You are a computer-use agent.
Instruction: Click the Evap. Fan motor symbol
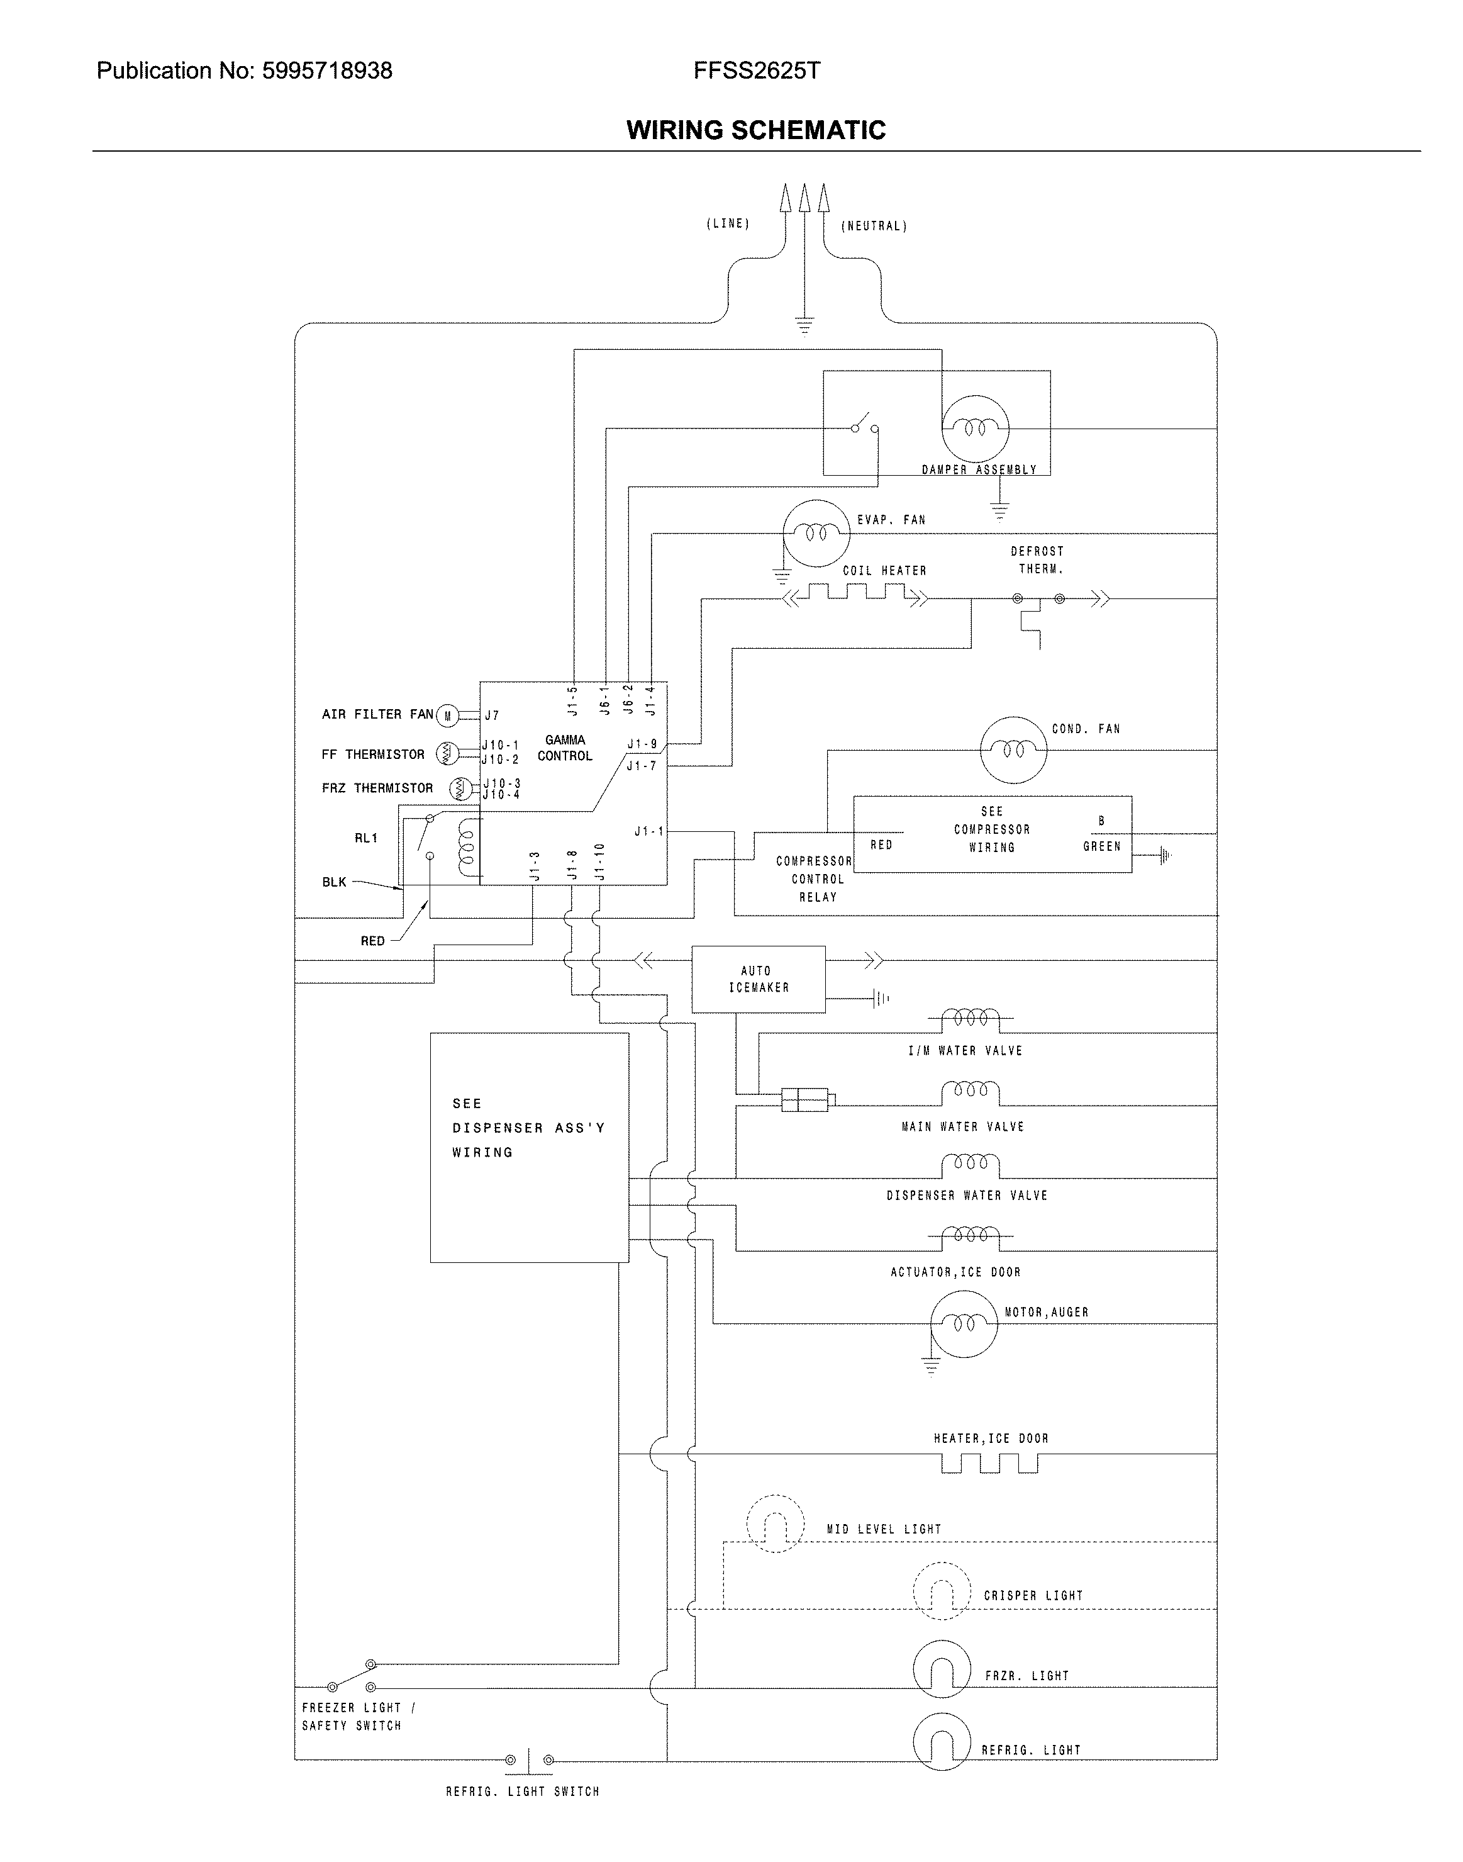tap(815, 533)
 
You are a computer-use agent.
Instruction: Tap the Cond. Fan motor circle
tap(1013, 749)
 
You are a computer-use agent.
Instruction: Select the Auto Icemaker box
tap(758, 979)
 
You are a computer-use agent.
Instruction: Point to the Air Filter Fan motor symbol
tap(447, 715)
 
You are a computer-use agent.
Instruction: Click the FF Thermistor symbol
tap(447, 753)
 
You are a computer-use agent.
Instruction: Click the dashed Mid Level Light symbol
tap(775, 1523)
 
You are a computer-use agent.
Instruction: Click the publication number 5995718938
tap(327, 70)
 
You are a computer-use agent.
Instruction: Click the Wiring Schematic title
tap(755, 130)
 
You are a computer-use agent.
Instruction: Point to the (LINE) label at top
tap(727, 223)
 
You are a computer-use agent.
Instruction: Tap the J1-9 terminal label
tap(642, 744)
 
